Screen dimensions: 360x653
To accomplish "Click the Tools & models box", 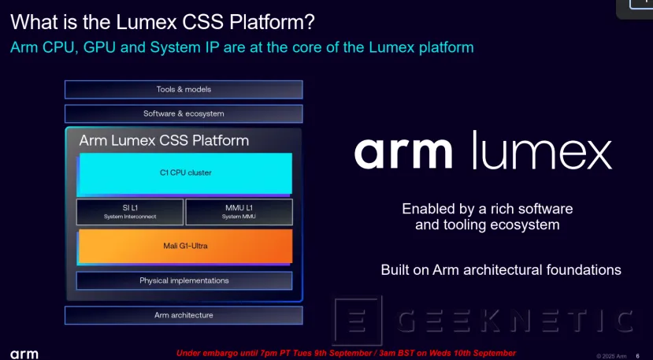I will click(x=184, y=90).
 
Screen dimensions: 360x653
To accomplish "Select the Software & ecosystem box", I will click(x=184, y=113).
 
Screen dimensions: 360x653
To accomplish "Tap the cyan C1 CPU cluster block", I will click(x=184, y=173).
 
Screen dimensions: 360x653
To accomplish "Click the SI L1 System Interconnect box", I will click(x=130, y=212).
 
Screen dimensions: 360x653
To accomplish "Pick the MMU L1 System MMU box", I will click(x=239, y=212).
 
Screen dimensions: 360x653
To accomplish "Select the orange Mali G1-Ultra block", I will click(x=184, y=247).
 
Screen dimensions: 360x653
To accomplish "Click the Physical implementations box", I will click(x=184, y=280).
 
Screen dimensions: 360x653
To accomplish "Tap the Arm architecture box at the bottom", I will click(x=184, y=315).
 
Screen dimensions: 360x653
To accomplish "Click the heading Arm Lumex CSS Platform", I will click(x=164, y=141).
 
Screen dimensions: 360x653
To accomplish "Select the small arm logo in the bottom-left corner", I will click(x=24, y=354).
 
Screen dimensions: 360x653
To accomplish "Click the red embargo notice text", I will click(x=346, y=352).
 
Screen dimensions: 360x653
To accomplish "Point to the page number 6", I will click(x=637, y=354).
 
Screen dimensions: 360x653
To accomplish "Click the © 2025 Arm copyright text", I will click(x=611, y=354).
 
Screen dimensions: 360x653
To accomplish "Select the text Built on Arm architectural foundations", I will click(x=501, y=270).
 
